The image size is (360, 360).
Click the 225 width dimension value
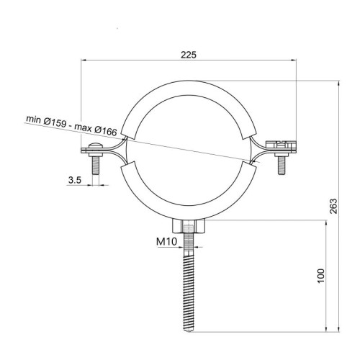(189, 55)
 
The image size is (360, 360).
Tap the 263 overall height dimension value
(333, 206)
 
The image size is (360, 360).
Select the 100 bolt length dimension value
(321, 276)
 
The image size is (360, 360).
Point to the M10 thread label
(166, 241)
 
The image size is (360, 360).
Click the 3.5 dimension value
(75, 180)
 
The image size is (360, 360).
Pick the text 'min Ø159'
(46, 121)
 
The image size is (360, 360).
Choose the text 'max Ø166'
(96, 129)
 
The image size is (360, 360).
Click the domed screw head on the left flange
(96, 145)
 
